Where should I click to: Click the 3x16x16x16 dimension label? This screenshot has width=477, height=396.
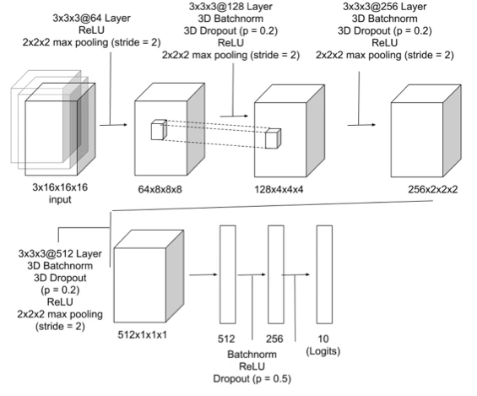click(x=60, y=187)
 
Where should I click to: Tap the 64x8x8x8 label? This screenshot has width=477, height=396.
click(x=160, y=189)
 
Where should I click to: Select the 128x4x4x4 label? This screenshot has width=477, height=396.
click(x=279, y=189)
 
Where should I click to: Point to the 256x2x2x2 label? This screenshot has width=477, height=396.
click(x=432, y=189)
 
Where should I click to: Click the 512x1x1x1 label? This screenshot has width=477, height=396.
click(x=143, y=335)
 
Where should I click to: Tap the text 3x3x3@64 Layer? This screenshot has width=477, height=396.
click(x=91, y=18)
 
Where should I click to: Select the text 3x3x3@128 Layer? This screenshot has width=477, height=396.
click(x=230, y=7)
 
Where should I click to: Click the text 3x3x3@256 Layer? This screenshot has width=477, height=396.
click(x=384, y=7)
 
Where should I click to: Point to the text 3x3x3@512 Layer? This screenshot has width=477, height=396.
click(x=60, y=253)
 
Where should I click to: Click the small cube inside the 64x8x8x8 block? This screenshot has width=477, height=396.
click(x=159, y=130)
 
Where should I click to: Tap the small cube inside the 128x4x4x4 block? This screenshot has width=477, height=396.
click(x=273, y=138)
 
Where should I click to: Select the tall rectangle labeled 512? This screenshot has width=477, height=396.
click(x=228, y=274)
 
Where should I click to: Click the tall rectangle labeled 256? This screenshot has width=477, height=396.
click(x=276, y=274)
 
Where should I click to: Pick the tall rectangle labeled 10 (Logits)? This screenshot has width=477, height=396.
click(x=324, y=274)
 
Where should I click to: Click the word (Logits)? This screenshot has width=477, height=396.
click(x=323, y=351)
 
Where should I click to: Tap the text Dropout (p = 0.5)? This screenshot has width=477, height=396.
click(x=252, y=379)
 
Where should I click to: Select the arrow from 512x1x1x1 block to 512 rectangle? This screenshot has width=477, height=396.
click(x=203, y=275)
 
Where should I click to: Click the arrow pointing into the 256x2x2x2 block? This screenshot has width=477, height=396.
click(x=361, y=125)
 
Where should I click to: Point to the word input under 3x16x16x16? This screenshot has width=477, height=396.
click(x=60, y=199)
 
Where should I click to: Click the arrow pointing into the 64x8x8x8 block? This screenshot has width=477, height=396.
click(x=113, y=125)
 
